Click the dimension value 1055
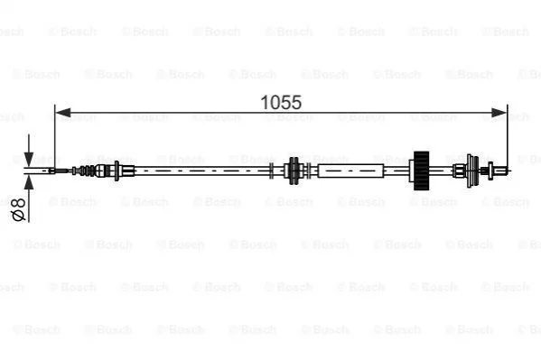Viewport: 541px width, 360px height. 281,103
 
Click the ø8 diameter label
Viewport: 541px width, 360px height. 19,209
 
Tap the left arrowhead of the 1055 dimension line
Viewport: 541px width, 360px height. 63,113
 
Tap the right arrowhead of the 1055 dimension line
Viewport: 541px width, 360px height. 499,113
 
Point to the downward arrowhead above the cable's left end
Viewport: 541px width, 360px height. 29,160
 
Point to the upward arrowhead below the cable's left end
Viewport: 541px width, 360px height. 29,181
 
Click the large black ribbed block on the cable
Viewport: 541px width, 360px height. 421,171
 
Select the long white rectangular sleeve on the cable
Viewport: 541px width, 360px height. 350,171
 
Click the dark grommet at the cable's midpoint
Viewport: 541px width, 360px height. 294,171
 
